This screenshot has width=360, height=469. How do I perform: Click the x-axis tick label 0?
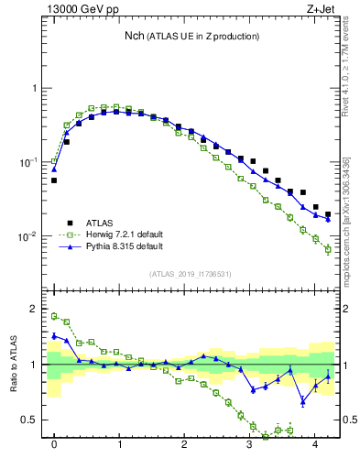54,446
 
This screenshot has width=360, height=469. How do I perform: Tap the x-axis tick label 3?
249,446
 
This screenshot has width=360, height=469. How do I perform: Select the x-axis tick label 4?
315,446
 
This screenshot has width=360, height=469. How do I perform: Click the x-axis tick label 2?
184,446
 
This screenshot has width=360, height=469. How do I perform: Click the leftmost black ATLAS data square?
54,180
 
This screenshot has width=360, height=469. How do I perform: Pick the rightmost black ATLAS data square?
328,214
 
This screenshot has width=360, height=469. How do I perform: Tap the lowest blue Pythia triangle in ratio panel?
303,401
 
